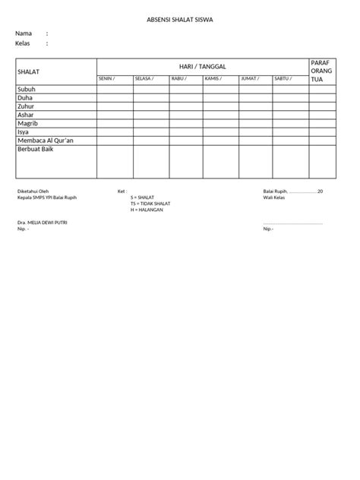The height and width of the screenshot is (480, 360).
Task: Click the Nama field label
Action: pyautogui.click(x=24, y=33)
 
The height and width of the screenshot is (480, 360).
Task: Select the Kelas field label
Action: pyautogui.click(x=24, y=43)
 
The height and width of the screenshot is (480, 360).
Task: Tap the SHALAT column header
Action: pyautogui.click(x=28, y=71)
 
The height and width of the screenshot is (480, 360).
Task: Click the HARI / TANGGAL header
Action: pyautogui.click(x=202, y=67)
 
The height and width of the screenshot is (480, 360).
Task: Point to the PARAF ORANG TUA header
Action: pyautogui.click(x=322, y=70)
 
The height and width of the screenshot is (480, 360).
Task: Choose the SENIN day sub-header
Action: pyautogui.click(x=106, y=78)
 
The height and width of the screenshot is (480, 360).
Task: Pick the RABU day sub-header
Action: pyautogui.click(x=179, y=78)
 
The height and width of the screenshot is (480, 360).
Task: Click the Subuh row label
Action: pyautogui.click(x=27, y=89)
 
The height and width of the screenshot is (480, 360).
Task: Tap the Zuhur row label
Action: pyautogui.click(x=27, y=106)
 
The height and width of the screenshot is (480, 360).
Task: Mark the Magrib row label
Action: pyautogui.click(x=27, y=123)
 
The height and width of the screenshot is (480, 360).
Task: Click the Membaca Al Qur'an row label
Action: pyautogui.click(x=46, y=141)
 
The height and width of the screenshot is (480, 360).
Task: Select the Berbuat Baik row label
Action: pyautogui.click(x=36, y=150)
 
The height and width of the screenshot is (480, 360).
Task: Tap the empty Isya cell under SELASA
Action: pyautogui.click(x=150, y=132)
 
